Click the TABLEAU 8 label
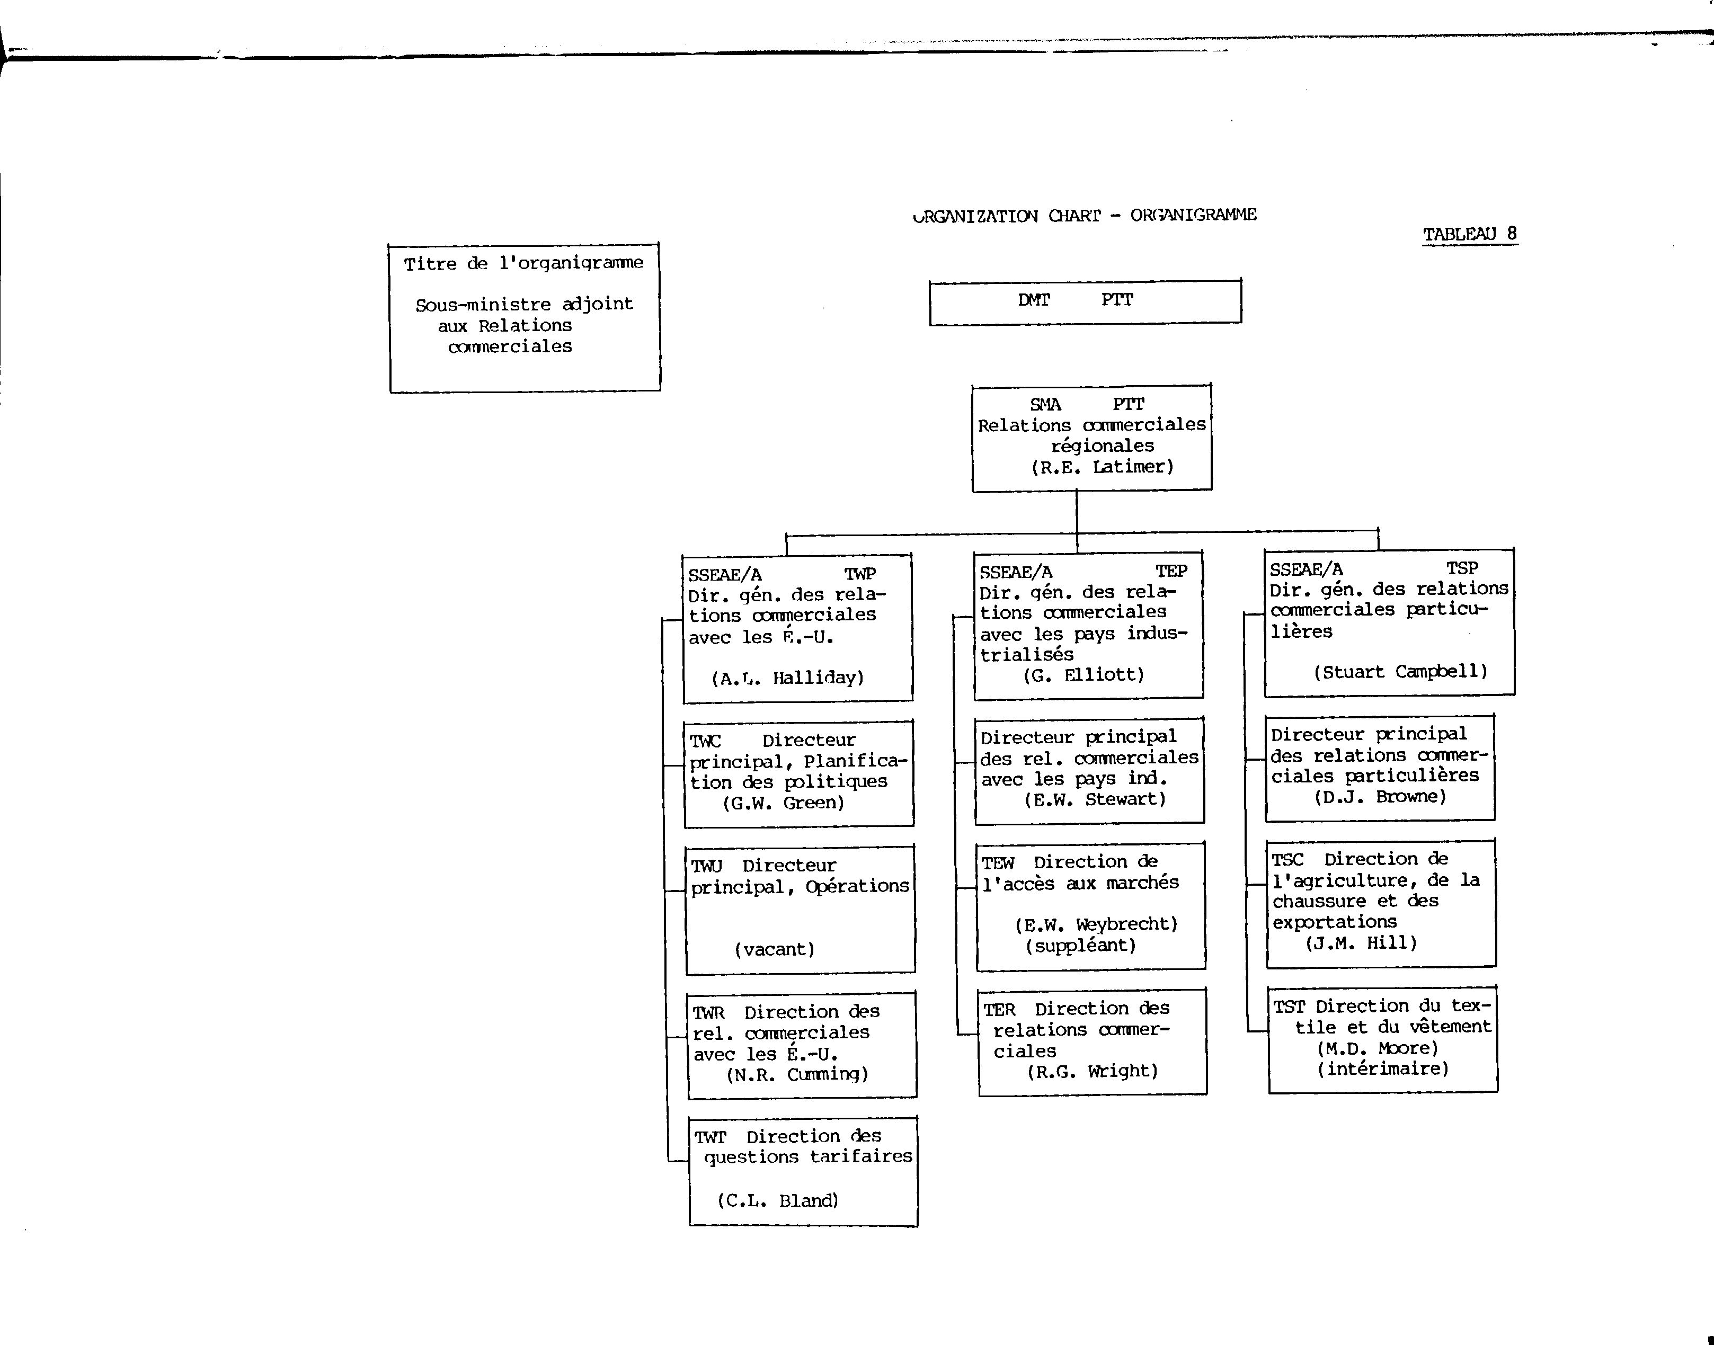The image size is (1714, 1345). [x=1470, y=234]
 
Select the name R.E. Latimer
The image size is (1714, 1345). [x=1103, y=467]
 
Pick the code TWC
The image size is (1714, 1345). [x=705, y=741]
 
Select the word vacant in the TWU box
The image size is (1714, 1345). [x=774, y=950]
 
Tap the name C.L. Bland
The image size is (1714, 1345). [x=777, y=1201]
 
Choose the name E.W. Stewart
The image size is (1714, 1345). [x=1095, y=799]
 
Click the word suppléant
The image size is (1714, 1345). [x=1081, y=946]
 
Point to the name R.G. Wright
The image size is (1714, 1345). [x=1093, y=1071]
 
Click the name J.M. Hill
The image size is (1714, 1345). [x=1361, y=942]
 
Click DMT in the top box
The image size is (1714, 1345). [x=1034, y=300]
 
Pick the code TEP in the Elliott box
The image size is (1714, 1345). [x=1171, y=571]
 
